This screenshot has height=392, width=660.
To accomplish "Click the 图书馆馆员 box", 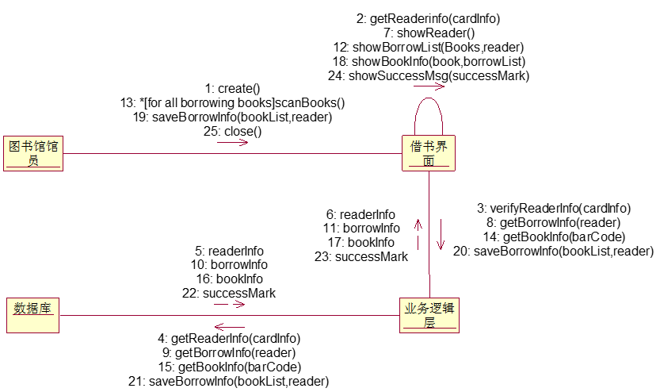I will coord(33,153).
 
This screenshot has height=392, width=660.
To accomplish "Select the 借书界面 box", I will coord(429,153).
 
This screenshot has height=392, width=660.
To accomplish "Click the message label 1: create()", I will coord(232,89).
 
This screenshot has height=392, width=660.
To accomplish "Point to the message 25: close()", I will coord(232,132).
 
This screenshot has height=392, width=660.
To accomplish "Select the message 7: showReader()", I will coord(429,33).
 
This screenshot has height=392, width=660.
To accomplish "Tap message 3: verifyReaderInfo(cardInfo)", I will coord(554,208).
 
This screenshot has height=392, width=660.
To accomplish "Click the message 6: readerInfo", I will coord(361,213).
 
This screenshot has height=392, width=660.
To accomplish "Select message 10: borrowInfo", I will coord(229,264).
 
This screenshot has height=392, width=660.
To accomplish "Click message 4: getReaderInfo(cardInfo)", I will coord(229,338).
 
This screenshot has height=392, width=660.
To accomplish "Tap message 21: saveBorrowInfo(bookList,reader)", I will coord(228,381).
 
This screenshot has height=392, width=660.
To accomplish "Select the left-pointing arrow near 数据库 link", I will coord(230,326).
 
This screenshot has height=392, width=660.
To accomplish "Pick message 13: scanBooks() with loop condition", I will coord(232,103).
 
